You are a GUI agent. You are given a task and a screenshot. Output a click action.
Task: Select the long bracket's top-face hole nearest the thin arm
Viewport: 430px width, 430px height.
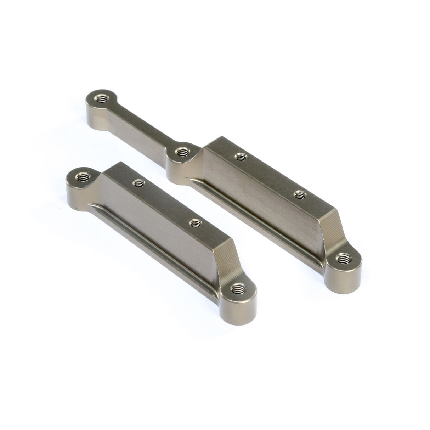[x=241, y=156]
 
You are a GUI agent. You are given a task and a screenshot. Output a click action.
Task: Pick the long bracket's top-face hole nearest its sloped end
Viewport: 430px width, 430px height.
[x=301, y=194]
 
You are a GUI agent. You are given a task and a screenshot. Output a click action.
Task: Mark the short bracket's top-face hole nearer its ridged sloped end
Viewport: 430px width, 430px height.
[x=194, y=223]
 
